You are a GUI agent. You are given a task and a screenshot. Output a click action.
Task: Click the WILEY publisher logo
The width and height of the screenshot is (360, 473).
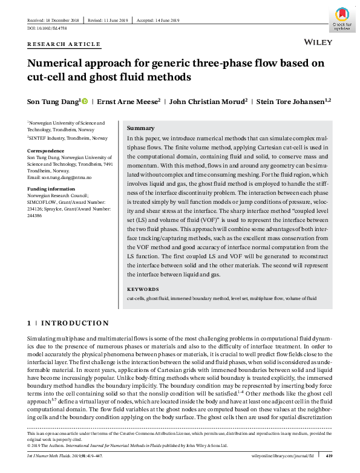coord(317,43)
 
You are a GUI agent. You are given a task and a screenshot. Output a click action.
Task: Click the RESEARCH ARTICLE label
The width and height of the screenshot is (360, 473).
coord(64,44)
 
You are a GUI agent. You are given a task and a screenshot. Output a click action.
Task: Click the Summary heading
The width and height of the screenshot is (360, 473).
coord(140,128)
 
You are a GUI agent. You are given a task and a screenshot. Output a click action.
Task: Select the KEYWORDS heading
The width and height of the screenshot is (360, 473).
coord(143,289)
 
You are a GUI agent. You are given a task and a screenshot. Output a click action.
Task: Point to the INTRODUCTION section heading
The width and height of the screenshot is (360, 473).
coord(75,323)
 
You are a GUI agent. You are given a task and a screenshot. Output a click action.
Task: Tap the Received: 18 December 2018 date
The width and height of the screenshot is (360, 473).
coord(54,20)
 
